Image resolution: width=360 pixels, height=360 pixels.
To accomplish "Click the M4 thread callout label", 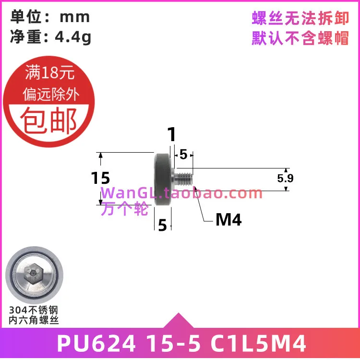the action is coord(228,220).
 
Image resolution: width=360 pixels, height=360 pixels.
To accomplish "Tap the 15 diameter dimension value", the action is coord(100,178).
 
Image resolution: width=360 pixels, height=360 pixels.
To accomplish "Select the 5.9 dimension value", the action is coord(285,179).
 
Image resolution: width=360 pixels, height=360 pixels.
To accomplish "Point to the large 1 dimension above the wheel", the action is coord(171,135).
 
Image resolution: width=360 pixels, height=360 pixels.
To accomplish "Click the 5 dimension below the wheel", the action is coord(162,225).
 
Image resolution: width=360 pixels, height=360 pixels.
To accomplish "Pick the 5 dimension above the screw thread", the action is coord(183,155).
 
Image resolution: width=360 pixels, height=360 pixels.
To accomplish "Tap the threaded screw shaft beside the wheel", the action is coord(184,179).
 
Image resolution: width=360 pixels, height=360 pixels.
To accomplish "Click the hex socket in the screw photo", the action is coord(31,275).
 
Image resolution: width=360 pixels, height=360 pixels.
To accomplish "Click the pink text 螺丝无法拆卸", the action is coord(300,18).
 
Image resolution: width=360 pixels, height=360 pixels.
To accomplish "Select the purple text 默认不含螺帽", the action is coord(300,38).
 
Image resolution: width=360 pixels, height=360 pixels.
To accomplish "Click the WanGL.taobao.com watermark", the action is coord(181,193).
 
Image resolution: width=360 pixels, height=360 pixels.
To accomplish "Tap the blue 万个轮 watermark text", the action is coord(125,209).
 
